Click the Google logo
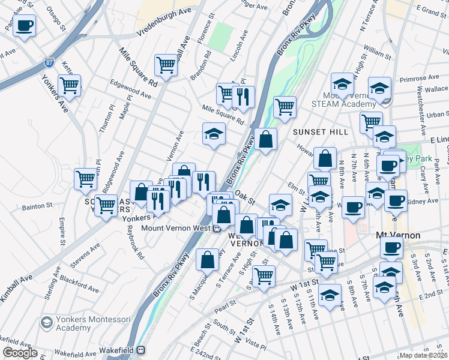click(20, 353)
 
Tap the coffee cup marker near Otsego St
click(25, 26)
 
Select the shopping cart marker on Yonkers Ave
click(69, 85)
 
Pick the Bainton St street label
click(37, 206)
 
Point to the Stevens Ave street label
click(85, 255)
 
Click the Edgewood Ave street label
click(131, 89)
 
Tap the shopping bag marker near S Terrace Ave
click(207, 259)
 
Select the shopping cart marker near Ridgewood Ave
click(85, 178)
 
